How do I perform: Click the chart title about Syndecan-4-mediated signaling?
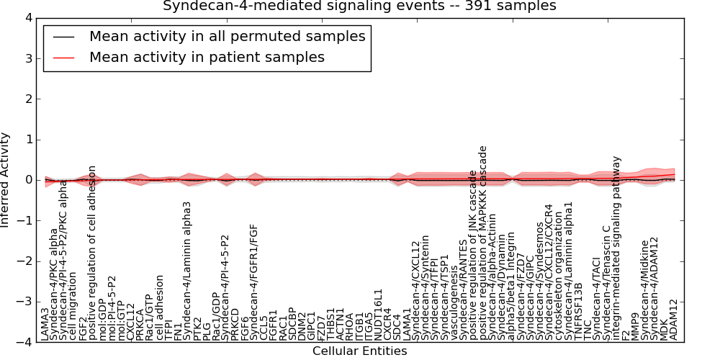[x=359, y=6]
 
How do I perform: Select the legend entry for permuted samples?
[x=227, y=36]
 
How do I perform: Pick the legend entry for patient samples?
[x=207, y=57]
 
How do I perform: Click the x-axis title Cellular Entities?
[x=359, y=351]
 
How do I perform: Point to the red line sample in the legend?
[x=63, y=57]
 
